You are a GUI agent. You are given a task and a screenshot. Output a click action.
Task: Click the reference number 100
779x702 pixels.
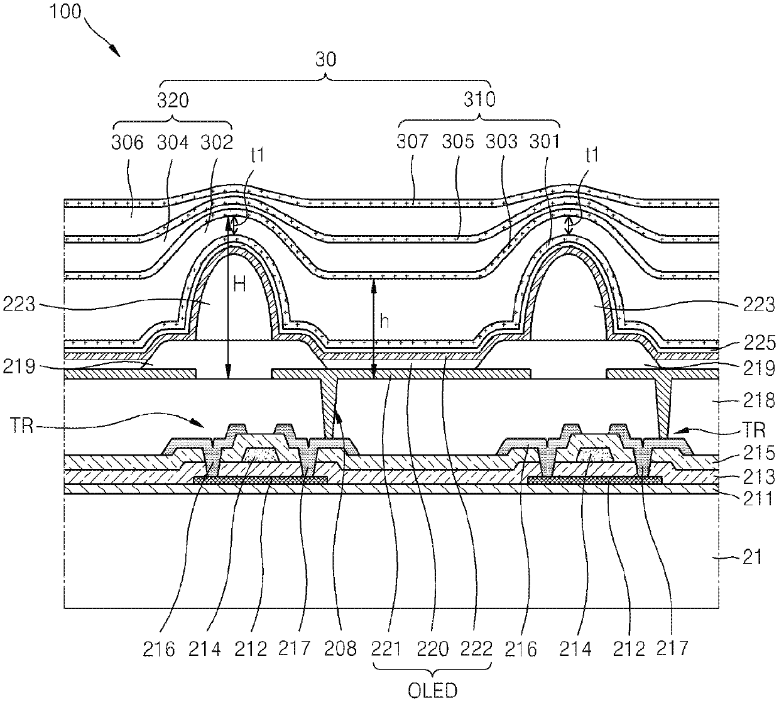(66, 11)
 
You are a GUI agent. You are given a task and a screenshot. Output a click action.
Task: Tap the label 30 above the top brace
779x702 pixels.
(326, 60)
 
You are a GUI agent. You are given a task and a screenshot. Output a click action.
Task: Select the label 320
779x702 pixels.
(173, 100)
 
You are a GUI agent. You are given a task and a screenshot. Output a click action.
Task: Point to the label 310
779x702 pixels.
(480, 99)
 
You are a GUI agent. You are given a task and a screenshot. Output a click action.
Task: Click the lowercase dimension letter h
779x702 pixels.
(384, 322)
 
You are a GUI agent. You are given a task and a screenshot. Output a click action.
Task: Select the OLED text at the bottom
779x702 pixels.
(432, 690)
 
